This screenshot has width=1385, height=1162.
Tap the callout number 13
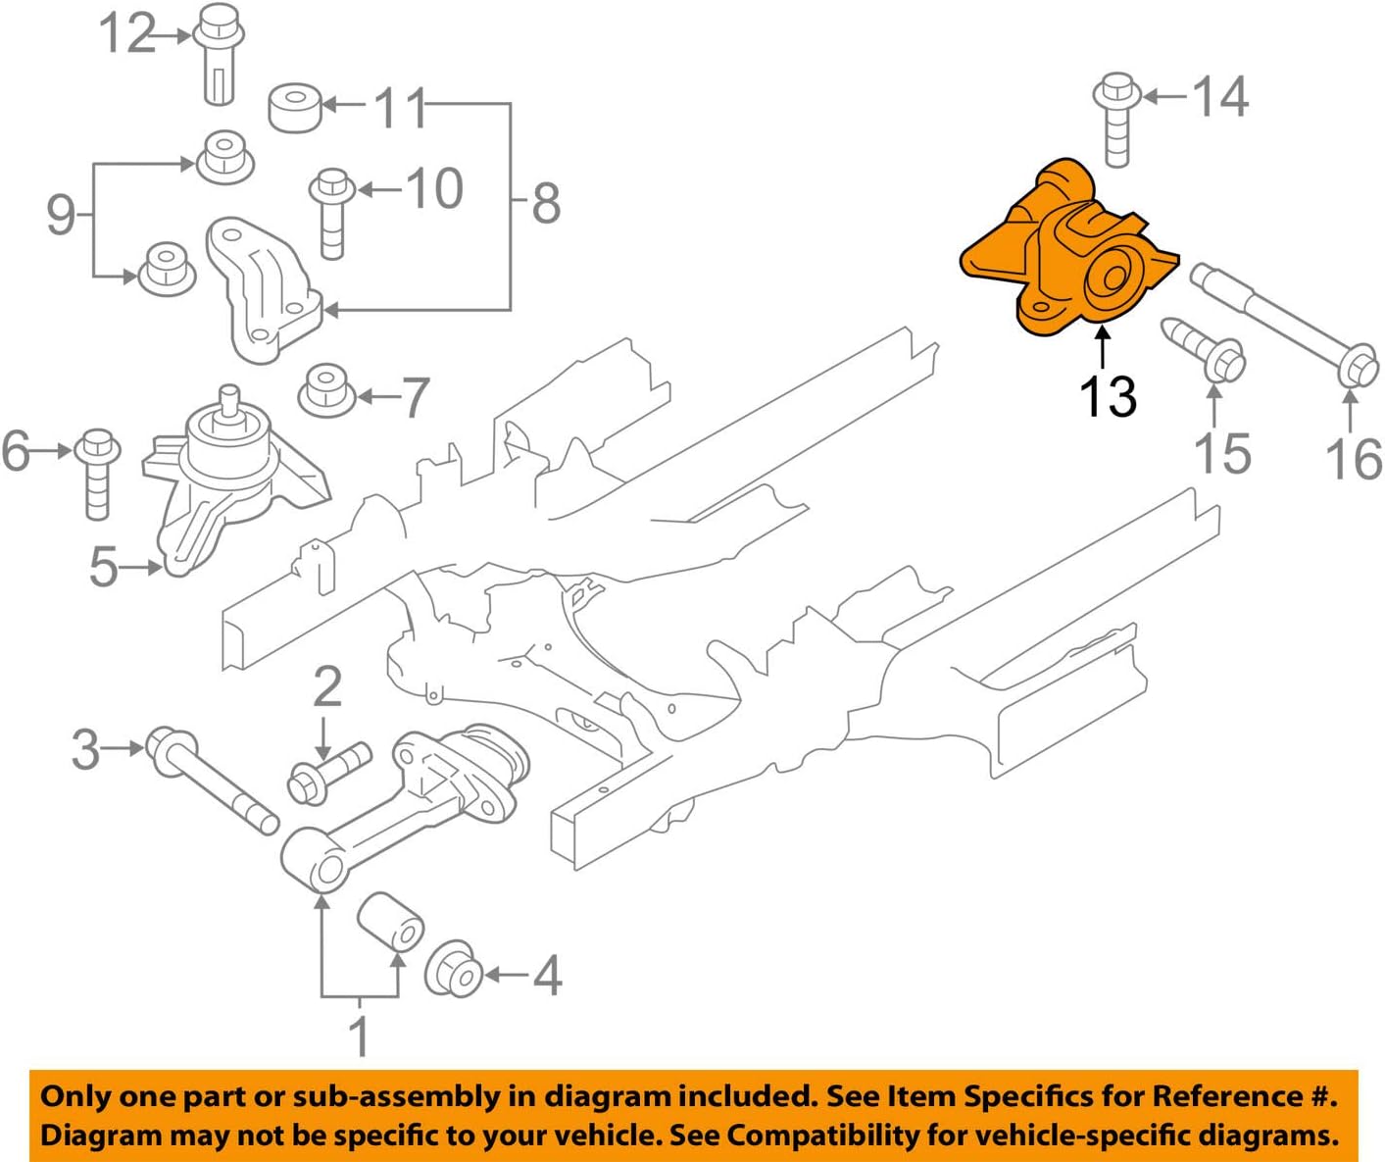click(1108, 397)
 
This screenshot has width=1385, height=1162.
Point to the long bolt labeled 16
click(1284, 324)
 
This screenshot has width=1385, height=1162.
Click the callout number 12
click(126, 34)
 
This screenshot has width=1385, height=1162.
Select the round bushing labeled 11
click(295, 107)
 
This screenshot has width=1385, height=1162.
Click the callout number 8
click(545, 204)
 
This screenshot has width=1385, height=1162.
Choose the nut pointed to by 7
click(326, 391)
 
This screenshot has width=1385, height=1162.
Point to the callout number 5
click(103, 566)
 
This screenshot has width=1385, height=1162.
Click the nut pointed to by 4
click(454, 970)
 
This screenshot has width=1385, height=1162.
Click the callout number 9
click(61, 214)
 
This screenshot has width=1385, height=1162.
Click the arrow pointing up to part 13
click(1104, 347)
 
